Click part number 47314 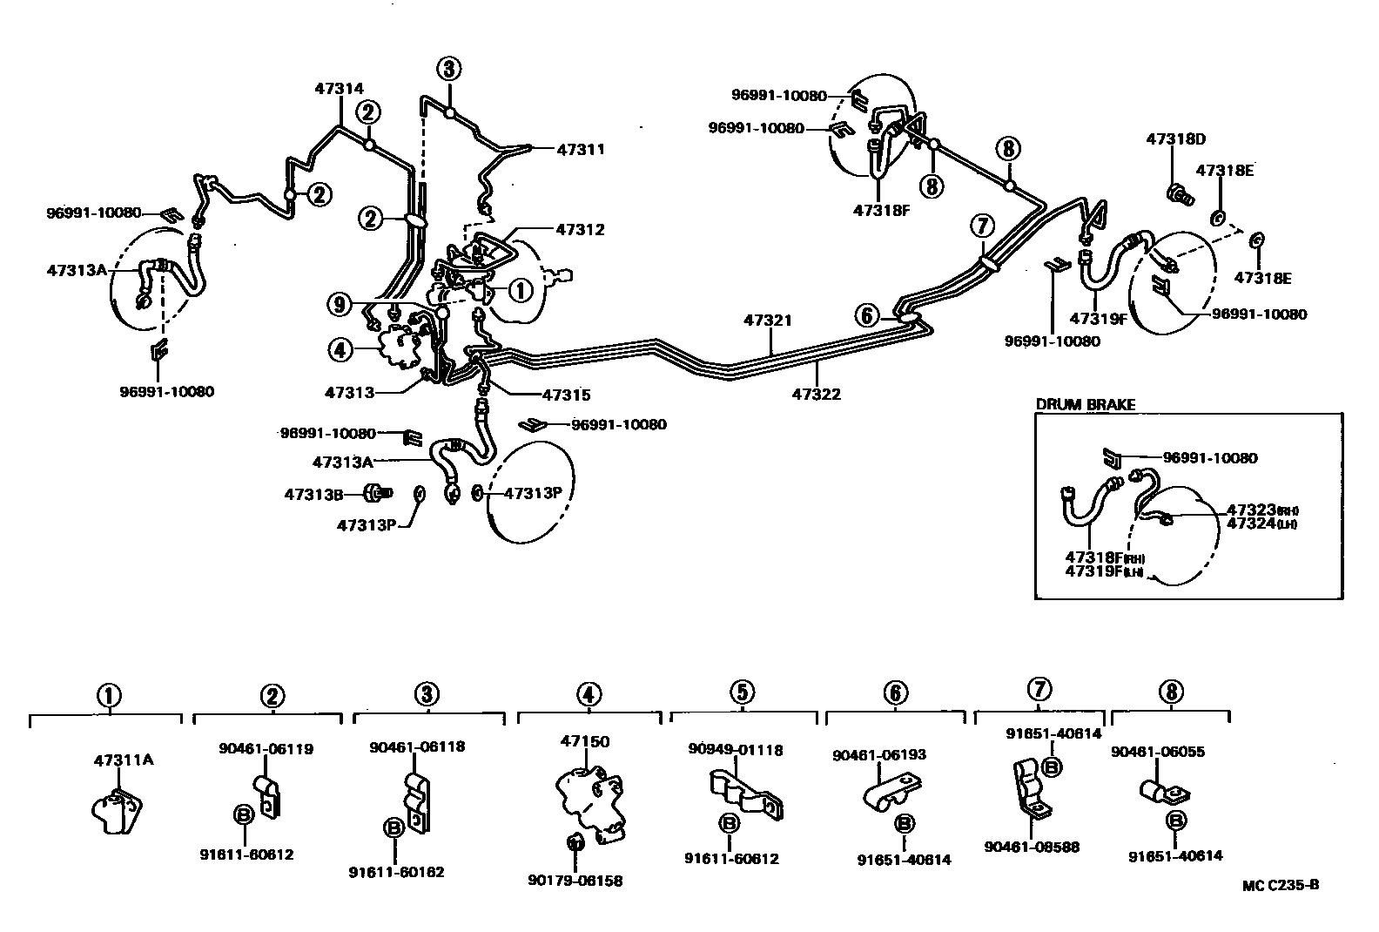pyautogui.click(x=340, y=88)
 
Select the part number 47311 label pyautogui.click(x=581, y=149)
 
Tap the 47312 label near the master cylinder pyautogui.click(x=581, y=230)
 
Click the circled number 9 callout pyautogui.click(x=340, y=305)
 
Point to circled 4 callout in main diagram pyautogui.click(x=340, y=350)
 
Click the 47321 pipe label pyautogui.click(x=768, y=321)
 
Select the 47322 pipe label pyautogui.click(x=817, y=395)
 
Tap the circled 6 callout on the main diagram pyautogui.click(x=867, y=315)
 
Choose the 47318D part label pyautogui.click(x=1175, y=139)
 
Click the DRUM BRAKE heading pyautogui.click(x=1085, y=404)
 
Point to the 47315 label pyautogui.click(x=566, y=395)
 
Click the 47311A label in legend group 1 pyautogui.click(x=124, y=760)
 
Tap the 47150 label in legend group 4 pyautogui.click(x=585, y=742)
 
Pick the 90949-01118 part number pyautogui.click(x=736, y=749)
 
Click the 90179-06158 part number pyautogui.click(x=575, y=881)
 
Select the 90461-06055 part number pyautogui.click(x=1158, y=752)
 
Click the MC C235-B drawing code pyautogui.click(x=1281, y=885)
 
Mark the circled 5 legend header pyautogui.click(x=742, y=692)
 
